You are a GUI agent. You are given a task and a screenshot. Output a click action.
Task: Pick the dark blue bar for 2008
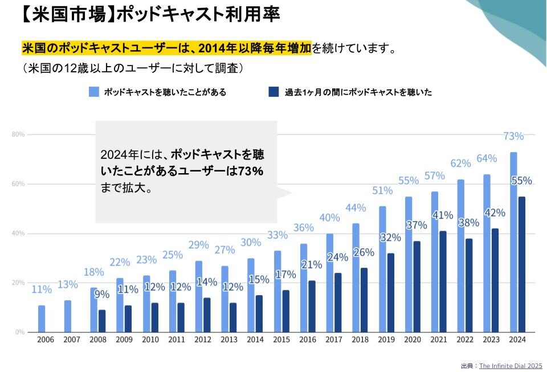[x=102, y=321]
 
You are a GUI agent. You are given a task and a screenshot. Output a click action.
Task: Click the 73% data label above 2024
[x=513, y=136]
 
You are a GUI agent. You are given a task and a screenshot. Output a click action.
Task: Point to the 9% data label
[x=101, y=295]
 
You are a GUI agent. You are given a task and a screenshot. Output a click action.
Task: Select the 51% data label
[x=382, y=190]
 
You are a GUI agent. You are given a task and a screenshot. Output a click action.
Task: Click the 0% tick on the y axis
[x=19, y=332]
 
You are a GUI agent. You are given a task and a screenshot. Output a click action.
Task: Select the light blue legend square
[x=94, y=92]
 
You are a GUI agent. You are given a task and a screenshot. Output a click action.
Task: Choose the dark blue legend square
[x=273, y=92]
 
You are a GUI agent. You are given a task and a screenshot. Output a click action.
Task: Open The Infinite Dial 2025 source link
[x=511, y=366]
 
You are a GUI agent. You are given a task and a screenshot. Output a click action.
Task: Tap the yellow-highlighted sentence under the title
[x=166, y=48]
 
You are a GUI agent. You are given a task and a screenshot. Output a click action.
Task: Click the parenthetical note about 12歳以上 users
[x=133, y=68]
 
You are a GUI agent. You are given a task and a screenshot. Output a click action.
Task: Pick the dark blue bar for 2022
[x=469, y=285]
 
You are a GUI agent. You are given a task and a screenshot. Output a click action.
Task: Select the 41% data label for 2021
[x=442, y=215]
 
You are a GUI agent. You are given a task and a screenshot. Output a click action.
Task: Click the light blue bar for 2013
[x=225, y=299]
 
